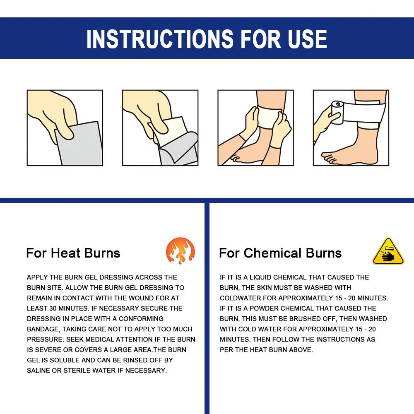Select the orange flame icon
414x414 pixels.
tap(180, 251)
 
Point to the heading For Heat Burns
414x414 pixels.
tap(73, 253)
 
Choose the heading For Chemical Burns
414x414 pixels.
tap(280, 253)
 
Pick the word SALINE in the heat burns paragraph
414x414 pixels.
tap(39, 371)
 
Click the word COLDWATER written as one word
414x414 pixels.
tap(241, 298)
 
